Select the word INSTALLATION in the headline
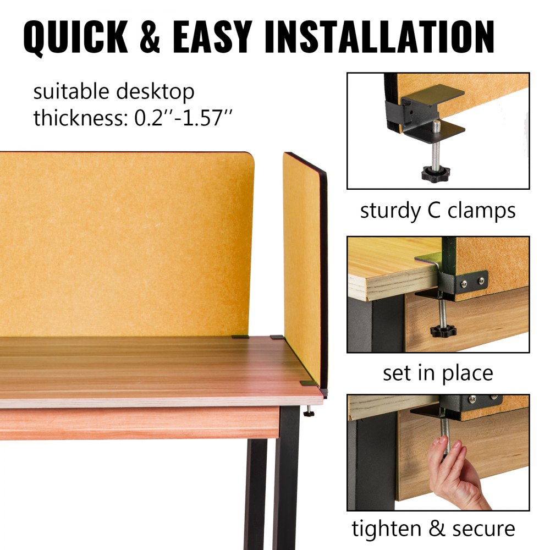point(379,37)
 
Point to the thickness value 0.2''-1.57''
point(184,118)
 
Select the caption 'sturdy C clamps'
point(438,211)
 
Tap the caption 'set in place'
point(438,373)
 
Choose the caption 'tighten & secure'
point(433,529)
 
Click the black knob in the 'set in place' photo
point(440,332)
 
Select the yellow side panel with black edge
point(302,264)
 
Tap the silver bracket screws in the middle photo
point(473,282)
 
